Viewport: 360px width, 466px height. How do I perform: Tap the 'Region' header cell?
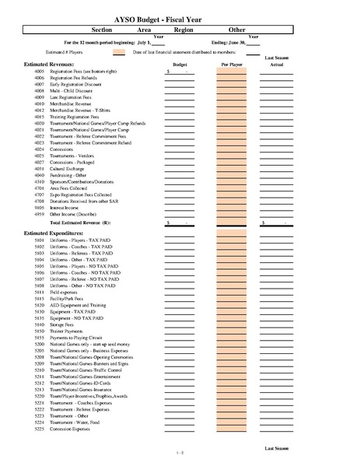(x=183, y=29)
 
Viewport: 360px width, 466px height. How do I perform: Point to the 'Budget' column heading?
(x=180, y=65)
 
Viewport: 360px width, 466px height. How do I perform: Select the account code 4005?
(x=40, y=72)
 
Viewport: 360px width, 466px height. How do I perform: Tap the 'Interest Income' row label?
(x=66, y=208)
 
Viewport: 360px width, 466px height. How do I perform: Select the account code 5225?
(x=40, y=428)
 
